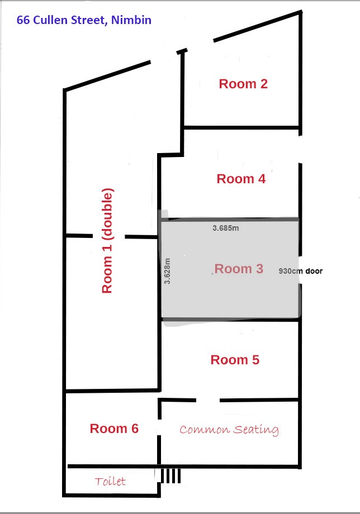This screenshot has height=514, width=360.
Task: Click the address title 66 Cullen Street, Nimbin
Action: (84, 20)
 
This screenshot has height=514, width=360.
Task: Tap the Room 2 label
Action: (243, 84)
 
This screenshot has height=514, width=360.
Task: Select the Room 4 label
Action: (241, 179)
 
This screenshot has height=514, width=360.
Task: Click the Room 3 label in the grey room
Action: (239, 269)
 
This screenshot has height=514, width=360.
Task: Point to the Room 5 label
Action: (235, 360)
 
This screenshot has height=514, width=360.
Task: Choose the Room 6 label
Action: (114, 429)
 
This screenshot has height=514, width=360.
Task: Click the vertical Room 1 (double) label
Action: (107, 241)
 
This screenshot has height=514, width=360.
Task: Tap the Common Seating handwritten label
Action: (229, 430)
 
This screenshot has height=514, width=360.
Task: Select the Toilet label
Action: (110, 481)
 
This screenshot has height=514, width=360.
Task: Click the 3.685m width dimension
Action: (226, 228)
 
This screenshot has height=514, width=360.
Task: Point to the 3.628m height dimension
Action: (167, 271)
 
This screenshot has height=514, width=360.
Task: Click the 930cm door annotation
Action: (301, 271)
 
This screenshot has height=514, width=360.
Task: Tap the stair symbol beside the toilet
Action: (170, 475)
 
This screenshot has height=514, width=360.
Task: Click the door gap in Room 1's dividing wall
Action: (109, 236)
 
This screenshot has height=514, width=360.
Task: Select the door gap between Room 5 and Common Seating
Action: (208, 400)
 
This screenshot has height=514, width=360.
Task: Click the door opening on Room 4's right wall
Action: (300, 149)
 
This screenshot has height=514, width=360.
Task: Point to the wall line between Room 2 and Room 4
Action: (241, 127)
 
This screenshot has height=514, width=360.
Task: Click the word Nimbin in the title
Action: (131, 20)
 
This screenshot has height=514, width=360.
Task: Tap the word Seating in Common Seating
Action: (256, 430)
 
